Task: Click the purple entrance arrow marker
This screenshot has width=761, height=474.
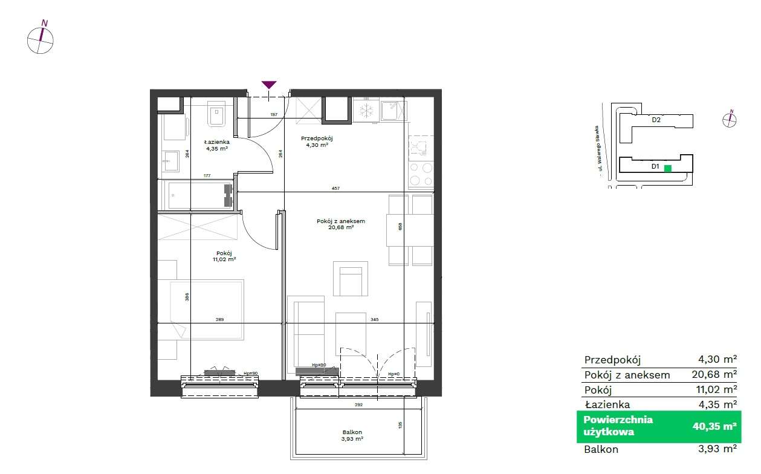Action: tap(269, 85)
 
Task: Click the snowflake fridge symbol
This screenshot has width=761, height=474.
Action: tap(365, 111)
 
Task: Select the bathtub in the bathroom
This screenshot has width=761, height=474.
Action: tap(198, 195)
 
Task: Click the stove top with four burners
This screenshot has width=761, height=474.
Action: tap(421, 174)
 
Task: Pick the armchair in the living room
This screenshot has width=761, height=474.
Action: tap(351, 279)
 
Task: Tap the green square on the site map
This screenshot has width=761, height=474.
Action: tap(668, 169)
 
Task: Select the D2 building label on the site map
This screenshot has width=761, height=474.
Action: tap(656, 120)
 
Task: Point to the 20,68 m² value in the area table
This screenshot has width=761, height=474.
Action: tap(714, 375)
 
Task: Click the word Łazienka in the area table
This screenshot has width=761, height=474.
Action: tap(607, 404)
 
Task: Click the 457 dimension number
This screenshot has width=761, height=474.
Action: tap(336, 189)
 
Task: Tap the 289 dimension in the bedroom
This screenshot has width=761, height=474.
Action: tap(219, 319)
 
